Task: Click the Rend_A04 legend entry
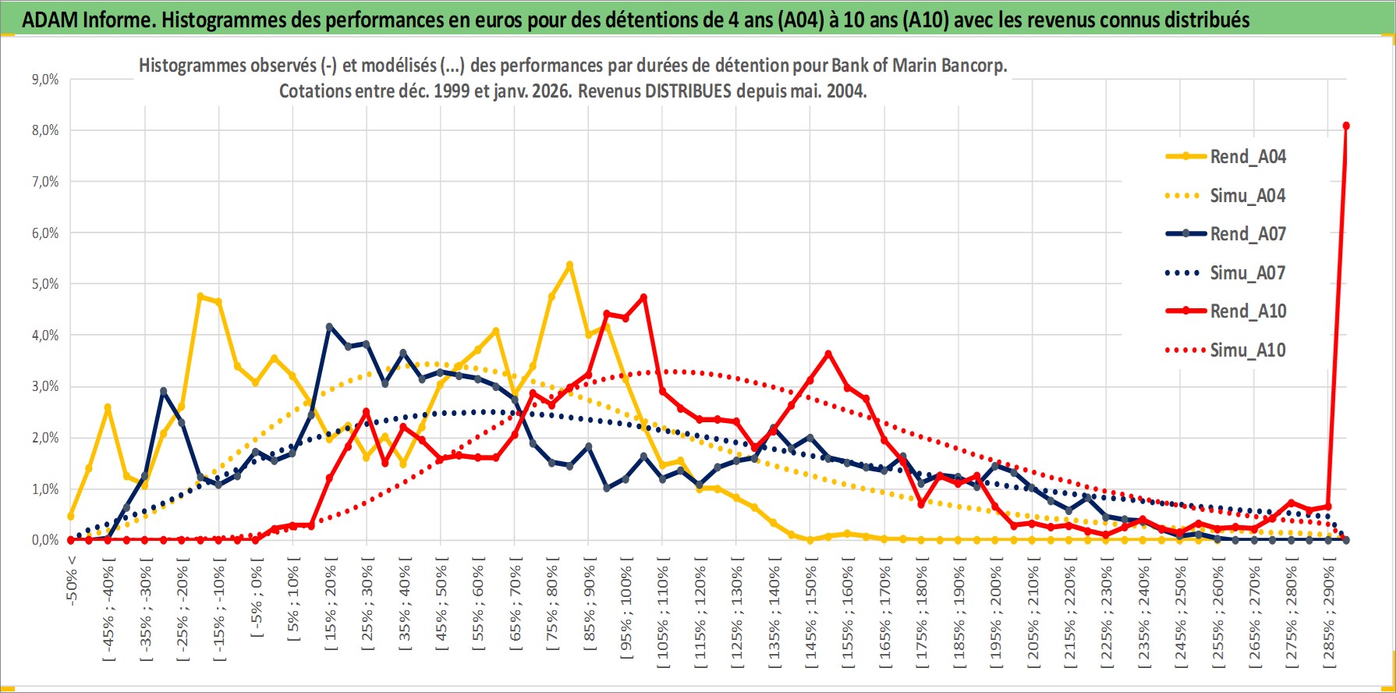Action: tap(1247, 157)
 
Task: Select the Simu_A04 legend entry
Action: tap(1247, 196)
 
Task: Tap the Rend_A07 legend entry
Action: tap(1247, 234)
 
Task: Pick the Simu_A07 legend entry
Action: tap(1247, 273)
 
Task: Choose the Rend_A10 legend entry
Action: tap(1247, 311)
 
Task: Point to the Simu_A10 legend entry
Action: tap(1247, 350)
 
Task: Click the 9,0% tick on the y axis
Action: tap(44, 80)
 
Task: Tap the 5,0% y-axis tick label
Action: tap(44, 284)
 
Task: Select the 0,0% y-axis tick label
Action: tap(44, 540)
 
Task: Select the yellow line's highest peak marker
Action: tap(569, 265)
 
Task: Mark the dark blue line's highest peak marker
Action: tap(329, 326)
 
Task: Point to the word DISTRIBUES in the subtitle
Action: tap(688, 91)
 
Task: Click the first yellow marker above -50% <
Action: tap(71, 516)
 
